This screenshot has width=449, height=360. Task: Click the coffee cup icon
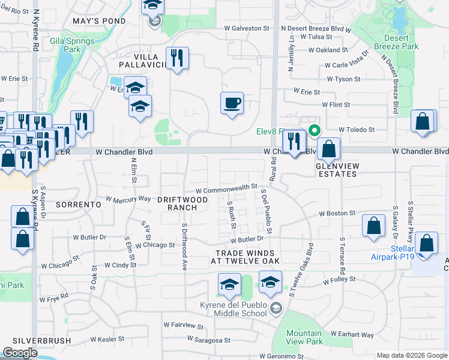[232, 103]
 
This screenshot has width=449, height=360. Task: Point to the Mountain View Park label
[304, 337]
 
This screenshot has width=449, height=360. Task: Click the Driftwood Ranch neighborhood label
[182, 203]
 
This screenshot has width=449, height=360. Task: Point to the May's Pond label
[99, 21]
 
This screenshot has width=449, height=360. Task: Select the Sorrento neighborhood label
[78, 205]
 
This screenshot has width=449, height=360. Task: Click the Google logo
[20, 353]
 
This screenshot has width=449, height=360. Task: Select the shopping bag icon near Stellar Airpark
[426, 243]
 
